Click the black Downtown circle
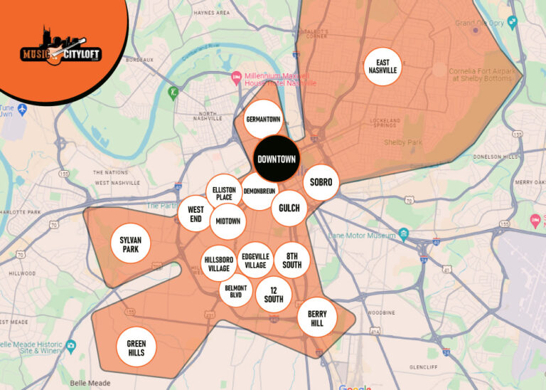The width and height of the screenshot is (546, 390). pos(277,159)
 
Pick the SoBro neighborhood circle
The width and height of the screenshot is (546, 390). pos(321,183)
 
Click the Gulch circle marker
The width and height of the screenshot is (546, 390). pos(289,208)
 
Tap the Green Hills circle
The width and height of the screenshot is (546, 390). pos(136,348)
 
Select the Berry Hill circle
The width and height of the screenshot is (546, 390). pos(317,318)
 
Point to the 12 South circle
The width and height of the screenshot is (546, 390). pos(274,294)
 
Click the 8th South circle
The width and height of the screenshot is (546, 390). pos(292,260)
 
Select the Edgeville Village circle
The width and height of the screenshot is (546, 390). pos(255,260)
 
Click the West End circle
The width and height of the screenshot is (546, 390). pos(196,214)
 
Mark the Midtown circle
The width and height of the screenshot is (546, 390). pos(228,221)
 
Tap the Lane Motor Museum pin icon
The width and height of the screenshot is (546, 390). pos(404,234)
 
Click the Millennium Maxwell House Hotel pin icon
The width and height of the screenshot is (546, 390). pos(236,77)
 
